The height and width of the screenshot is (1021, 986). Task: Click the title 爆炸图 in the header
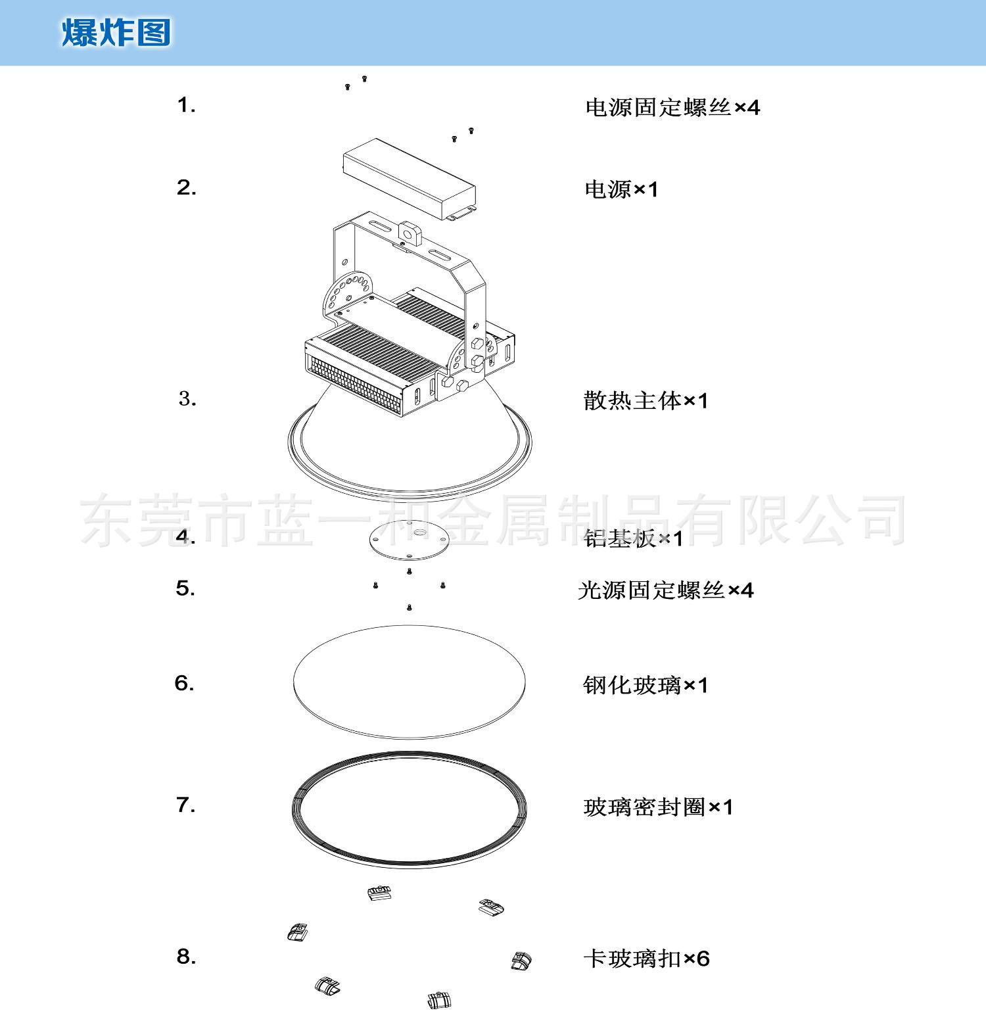pos(116,32)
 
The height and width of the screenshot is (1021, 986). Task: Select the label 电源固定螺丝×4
pos(672,107)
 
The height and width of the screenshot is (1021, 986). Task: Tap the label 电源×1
pos(621,189)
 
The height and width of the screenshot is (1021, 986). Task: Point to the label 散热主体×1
pos(646,400)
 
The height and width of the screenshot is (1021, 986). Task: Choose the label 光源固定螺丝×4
pos(666,590)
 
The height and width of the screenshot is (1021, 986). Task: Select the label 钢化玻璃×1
pos(646,685)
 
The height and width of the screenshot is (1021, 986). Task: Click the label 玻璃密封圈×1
pos(658,806)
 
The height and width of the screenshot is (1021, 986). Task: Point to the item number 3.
pos(187,398)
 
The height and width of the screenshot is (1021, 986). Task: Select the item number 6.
pos(185,684)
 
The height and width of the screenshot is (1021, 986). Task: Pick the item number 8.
pos(187,957)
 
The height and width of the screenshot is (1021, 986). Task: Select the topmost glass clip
pos(379,893)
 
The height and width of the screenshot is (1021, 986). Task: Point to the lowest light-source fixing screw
pos(410,607)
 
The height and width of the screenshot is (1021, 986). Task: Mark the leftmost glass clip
pos(298,932)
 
